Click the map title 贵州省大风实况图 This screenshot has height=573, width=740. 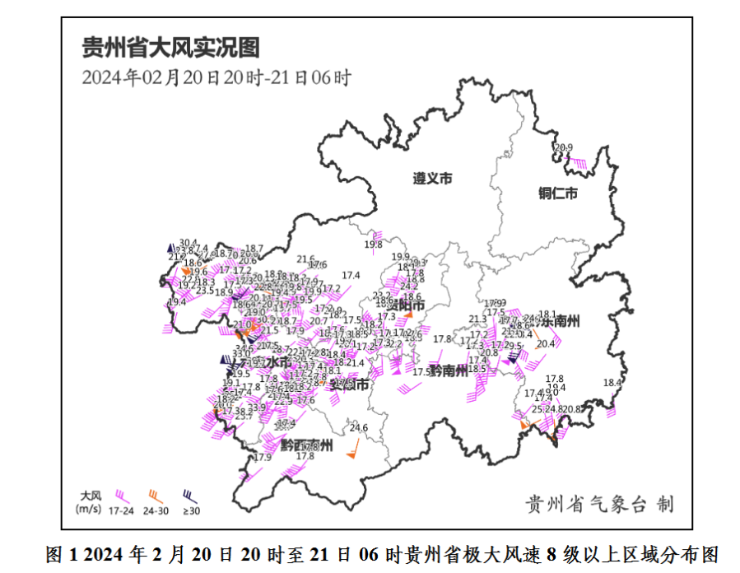(170, 48)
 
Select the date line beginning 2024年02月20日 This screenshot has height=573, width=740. (217, 78)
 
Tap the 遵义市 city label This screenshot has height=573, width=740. (432, 179)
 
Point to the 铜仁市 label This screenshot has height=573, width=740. (558, 193)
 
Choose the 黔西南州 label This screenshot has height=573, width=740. (306, 445)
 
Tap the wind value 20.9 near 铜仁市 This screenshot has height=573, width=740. (564, 148)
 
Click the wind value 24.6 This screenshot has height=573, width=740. (359, 427)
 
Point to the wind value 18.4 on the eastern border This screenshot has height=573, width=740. (612, 383)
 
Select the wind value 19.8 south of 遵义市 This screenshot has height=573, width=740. (374, 244)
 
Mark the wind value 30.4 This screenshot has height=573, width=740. (188, 242)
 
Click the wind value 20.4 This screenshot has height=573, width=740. (546, 343)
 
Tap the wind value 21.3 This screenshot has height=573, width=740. (477, 319)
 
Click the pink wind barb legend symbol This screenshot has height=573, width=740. (122, 496)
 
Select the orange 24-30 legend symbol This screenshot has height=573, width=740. (155, 496)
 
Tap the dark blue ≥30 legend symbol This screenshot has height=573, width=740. (189, 496)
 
